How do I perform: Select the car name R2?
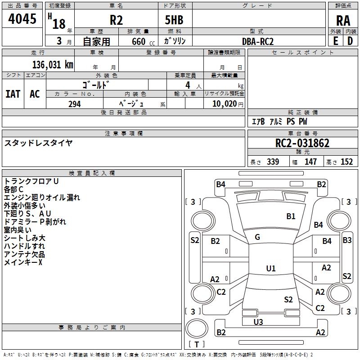(116, 21)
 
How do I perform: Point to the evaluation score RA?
(343, 21)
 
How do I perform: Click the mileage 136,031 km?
(53, 64)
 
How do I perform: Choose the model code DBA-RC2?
(258, 41)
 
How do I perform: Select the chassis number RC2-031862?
(302, 143)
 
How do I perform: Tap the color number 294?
(74, 104)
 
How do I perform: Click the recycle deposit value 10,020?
(223, 104)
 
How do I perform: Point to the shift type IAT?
(13, 94)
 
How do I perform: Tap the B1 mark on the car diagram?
(291, 216)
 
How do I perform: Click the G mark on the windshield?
(257, 237)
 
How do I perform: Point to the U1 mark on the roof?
(270, 269)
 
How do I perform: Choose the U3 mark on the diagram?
(258, 322)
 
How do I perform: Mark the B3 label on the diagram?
(346, 240)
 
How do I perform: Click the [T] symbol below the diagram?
(196, 345)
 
